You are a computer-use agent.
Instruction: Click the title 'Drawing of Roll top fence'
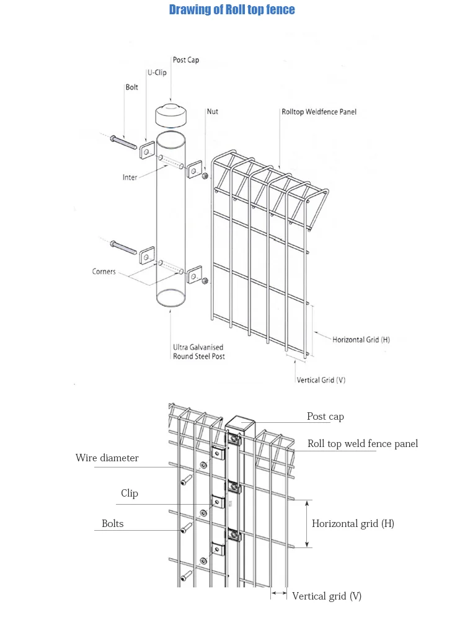[x=232, y=10]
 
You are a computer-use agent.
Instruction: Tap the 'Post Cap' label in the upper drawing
[x=186, y=60]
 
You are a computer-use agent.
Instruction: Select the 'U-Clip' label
[x=156, y=73]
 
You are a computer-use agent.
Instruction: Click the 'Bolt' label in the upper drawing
[x=131, y=87]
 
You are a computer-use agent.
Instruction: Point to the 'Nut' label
[x=212, y=112]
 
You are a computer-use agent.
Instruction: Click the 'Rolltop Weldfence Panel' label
[x=319, y=112]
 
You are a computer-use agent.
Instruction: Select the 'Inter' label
[x=130, y=177]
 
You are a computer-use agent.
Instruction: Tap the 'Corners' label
[x=104, y=272]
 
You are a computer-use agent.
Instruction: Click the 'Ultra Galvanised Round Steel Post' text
[x=198, y=352]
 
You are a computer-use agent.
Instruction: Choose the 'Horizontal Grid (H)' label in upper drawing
[x=361, y=340]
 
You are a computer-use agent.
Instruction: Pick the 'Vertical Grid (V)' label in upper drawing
[x=321, y=380]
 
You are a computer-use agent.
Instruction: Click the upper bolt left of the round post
[x=123, y=143]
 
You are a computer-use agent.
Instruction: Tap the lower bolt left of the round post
[x=123, y=247]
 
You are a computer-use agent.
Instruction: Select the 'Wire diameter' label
[x=107, y=458]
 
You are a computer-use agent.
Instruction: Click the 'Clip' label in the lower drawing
[x=129, y=494]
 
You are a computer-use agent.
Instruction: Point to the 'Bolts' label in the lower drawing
[x=112, y=524]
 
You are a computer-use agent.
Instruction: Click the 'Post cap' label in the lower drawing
[x=325, y=417]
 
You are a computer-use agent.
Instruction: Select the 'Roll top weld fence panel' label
[x=363, y=443]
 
